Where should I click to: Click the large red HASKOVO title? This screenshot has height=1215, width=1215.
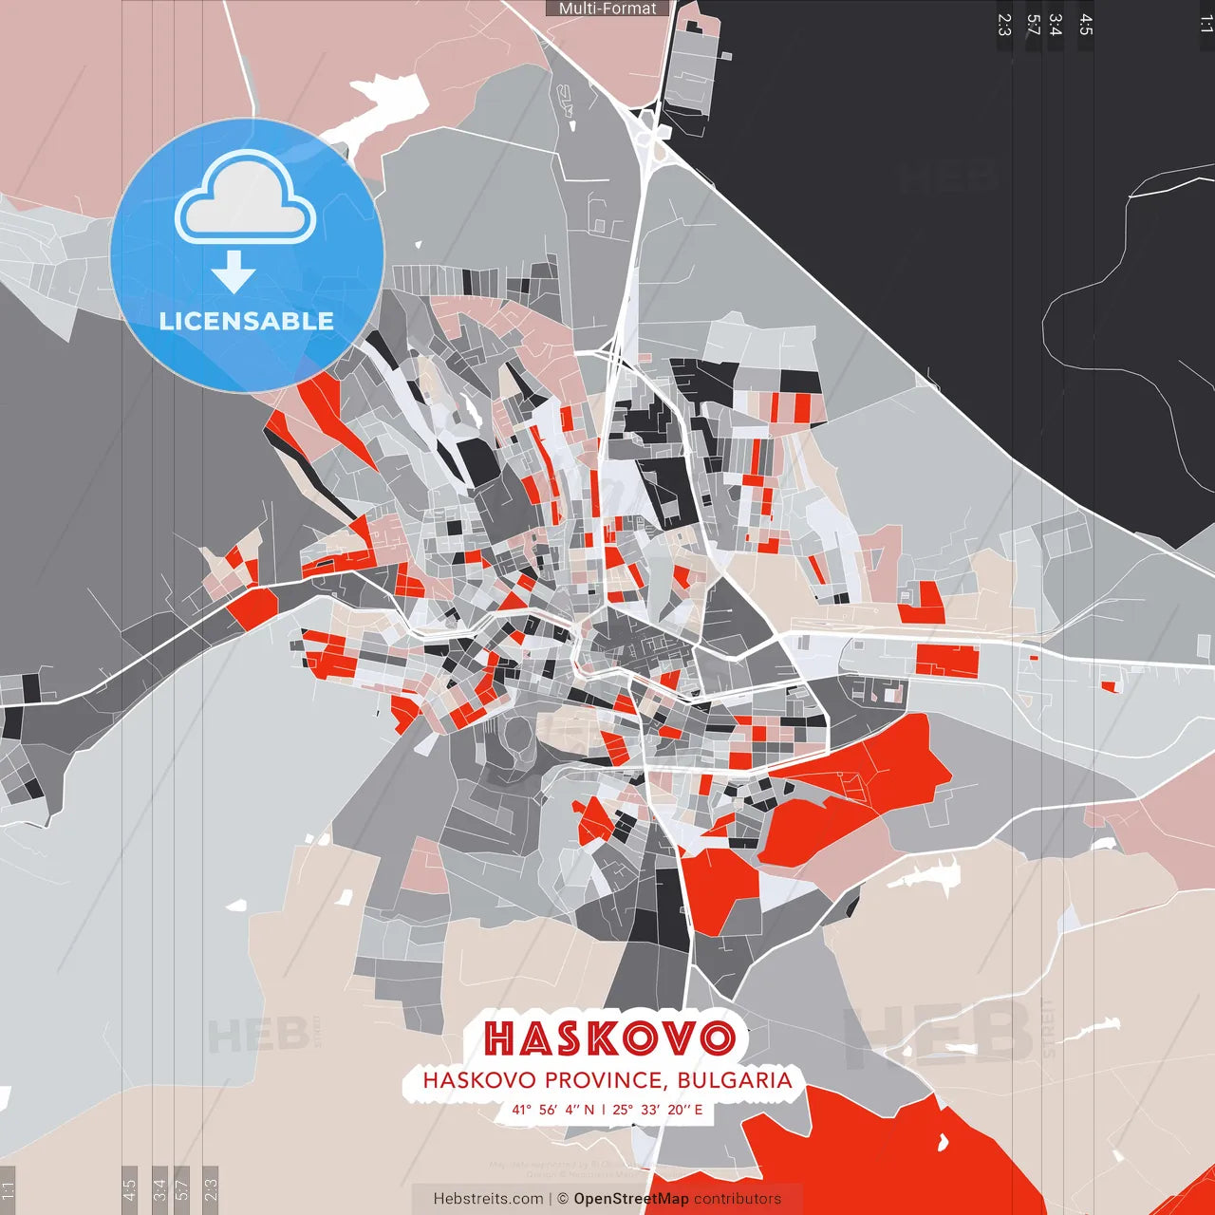click(608, 1037)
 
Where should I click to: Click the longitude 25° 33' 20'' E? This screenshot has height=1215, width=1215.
click(658, 1110)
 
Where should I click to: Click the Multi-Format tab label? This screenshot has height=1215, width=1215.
click(607, 9)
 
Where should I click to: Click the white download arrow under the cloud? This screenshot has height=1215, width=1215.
click(234, 271)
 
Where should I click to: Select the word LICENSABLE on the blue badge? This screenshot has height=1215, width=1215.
click(247, 321)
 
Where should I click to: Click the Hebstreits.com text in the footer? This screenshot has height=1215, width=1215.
click(488, 1199)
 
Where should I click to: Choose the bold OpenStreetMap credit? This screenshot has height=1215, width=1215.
click(631, 1199)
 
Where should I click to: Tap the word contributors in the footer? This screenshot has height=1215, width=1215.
click(738, 1199)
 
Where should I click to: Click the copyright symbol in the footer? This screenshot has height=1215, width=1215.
click(563, 1199)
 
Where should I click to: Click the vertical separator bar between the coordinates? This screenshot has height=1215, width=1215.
click(604, 1110)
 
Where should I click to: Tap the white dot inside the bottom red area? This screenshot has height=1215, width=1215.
click(943, 1142)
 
